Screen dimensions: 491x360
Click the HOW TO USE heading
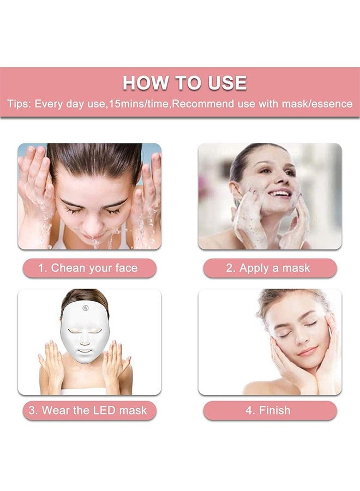(184, 83)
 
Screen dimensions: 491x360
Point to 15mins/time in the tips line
(139, 104)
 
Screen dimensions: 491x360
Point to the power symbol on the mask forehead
(86, 309)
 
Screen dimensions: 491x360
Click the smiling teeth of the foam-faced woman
(280, 193)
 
